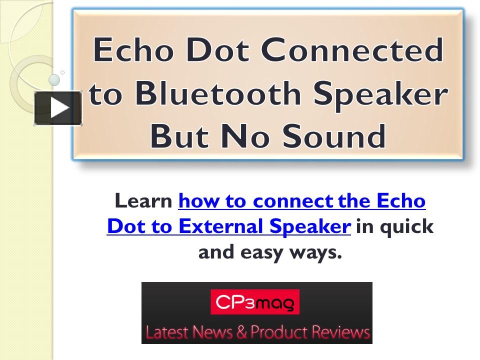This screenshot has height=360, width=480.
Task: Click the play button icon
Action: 58,108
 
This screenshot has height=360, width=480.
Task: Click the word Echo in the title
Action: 133,49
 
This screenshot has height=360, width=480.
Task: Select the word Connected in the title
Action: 352,49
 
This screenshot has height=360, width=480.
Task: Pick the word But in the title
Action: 179,136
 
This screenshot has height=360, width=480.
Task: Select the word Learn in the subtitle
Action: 143,201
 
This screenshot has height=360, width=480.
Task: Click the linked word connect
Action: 293,201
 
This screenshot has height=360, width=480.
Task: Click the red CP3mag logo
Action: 255,302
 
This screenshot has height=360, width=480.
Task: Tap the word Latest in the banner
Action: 166,332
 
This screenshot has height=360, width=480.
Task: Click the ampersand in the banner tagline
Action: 241,332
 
